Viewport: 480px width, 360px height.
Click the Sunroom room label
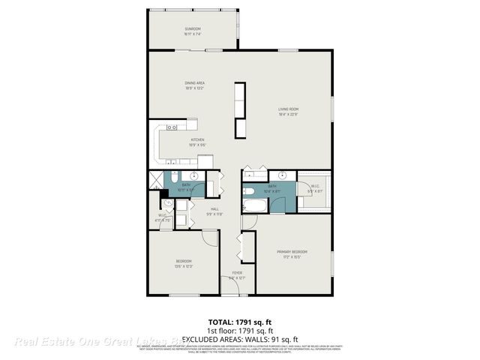coord(193,29)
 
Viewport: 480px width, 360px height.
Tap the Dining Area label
coord(196,83)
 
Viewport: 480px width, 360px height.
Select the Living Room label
coord(289,109)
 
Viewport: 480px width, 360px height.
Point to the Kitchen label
coord(197,140)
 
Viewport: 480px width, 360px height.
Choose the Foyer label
coord(237,272)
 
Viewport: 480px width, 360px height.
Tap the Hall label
coord(214,208)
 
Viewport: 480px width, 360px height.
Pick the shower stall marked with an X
coord(155,180)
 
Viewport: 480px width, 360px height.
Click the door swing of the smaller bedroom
coord(211,238)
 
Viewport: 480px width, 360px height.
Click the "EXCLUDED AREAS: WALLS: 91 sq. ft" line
coord(239,339)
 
